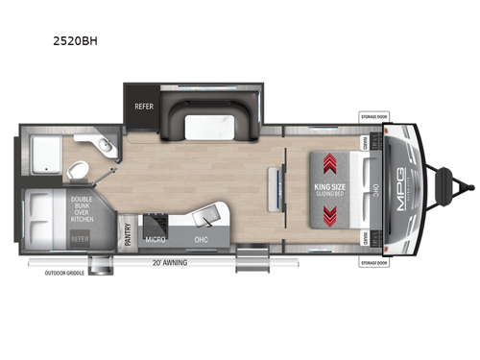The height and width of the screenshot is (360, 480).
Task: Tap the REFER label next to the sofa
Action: tap(144, 107)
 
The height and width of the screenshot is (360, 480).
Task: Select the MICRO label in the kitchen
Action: tap(154, 237)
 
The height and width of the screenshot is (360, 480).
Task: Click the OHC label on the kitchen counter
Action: tap(200, 237)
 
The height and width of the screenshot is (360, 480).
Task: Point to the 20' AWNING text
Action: tap(168, 262)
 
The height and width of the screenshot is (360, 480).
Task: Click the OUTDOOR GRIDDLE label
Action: tap(64, 272)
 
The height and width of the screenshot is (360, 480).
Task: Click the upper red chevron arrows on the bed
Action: tap(328, 162)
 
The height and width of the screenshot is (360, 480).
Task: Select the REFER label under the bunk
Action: tap(80, 236)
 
